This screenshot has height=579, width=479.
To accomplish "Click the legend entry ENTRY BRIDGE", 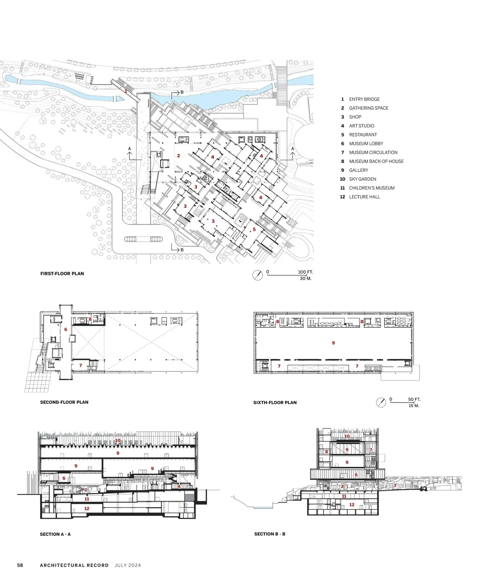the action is tap(364, 99).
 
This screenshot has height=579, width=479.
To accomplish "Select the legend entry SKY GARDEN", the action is tap(362, 179).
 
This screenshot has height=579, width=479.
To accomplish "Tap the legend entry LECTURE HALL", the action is tap(364, 197).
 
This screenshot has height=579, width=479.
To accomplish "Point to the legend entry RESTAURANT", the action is tap(363, 135).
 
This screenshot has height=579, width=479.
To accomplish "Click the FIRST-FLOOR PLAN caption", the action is tap(62, 274).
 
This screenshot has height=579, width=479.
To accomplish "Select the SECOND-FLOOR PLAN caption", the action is tap(64, 402).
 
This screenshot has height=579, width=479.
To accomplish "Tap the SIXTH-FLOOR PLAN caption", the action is tap(275, 403).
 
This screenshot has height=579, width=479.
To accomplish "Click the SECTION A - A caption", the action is tap(55, 534).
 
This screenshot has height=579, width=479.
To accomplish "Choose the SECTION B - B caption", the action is tap(270, 534).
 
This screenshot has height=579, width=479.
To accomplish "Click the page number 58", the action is tap(20, 565).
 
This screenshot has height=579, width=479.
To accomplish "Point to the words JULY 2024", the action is tap(128, 565).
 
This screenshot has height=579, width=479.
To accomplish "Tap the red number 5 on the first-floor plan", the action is tap(254, 229).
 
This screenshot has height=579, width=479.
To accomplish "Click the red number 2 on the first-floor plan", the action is tap(178, 156).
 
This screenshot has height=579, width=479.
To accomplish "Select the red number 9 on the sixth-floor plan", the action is tap(333, 343).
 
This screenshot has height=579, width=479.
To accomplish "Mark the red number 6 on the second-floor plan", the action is tap(66, 329).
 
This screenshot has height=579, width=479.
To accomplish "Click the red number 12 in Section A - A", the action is tap(87, 509).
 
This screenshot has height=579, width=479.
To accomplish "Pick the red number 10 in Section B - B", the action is tap(347, 436).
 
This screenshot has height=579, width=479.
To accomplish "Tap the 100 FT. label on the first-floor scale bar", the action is tap(305, 272).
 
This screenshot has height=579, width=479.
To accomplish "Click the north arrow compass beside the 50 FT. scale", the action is tap(381, 403).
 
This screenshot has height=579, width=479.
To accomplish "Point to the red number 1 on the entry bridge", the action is tap(126, 91).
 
